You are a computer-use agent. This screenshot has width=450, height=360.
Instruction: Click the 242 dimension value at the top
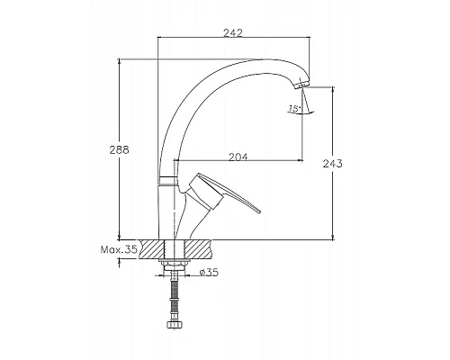click(x=233, y=32)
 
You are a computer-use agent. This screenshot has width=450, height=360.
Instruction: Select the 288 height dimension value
click(x=119, y=149)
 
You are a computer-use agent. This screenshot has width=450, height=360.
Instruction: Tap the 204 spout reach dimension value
click(x=238, y=157)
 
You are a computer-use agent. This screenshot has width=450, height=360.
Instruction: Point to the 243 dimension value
click(x=332, y=164)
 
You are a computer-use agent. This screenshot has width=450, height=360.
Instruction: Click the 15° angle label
click(x=294, y=108)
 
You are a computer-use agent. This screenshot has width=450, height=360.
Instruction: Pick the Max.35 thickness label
click(x=119, y=249)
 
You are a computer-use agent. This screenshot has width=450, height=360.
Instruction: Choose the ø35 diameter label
click(x=209, y=273)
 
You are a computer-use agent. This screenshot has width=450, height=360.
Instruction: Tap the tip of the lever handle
click(x=258, y=211)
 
